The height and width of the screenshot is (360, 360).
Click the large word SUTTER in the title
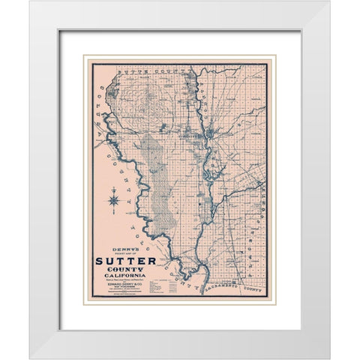(125, 262)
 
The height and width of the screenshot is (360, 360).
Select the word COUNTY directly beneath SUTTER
(125, 271)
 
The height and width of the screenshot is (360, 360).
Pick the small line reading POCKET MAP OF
(125, 256)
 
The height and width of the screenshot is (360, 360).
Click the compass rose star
(113, 199)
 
